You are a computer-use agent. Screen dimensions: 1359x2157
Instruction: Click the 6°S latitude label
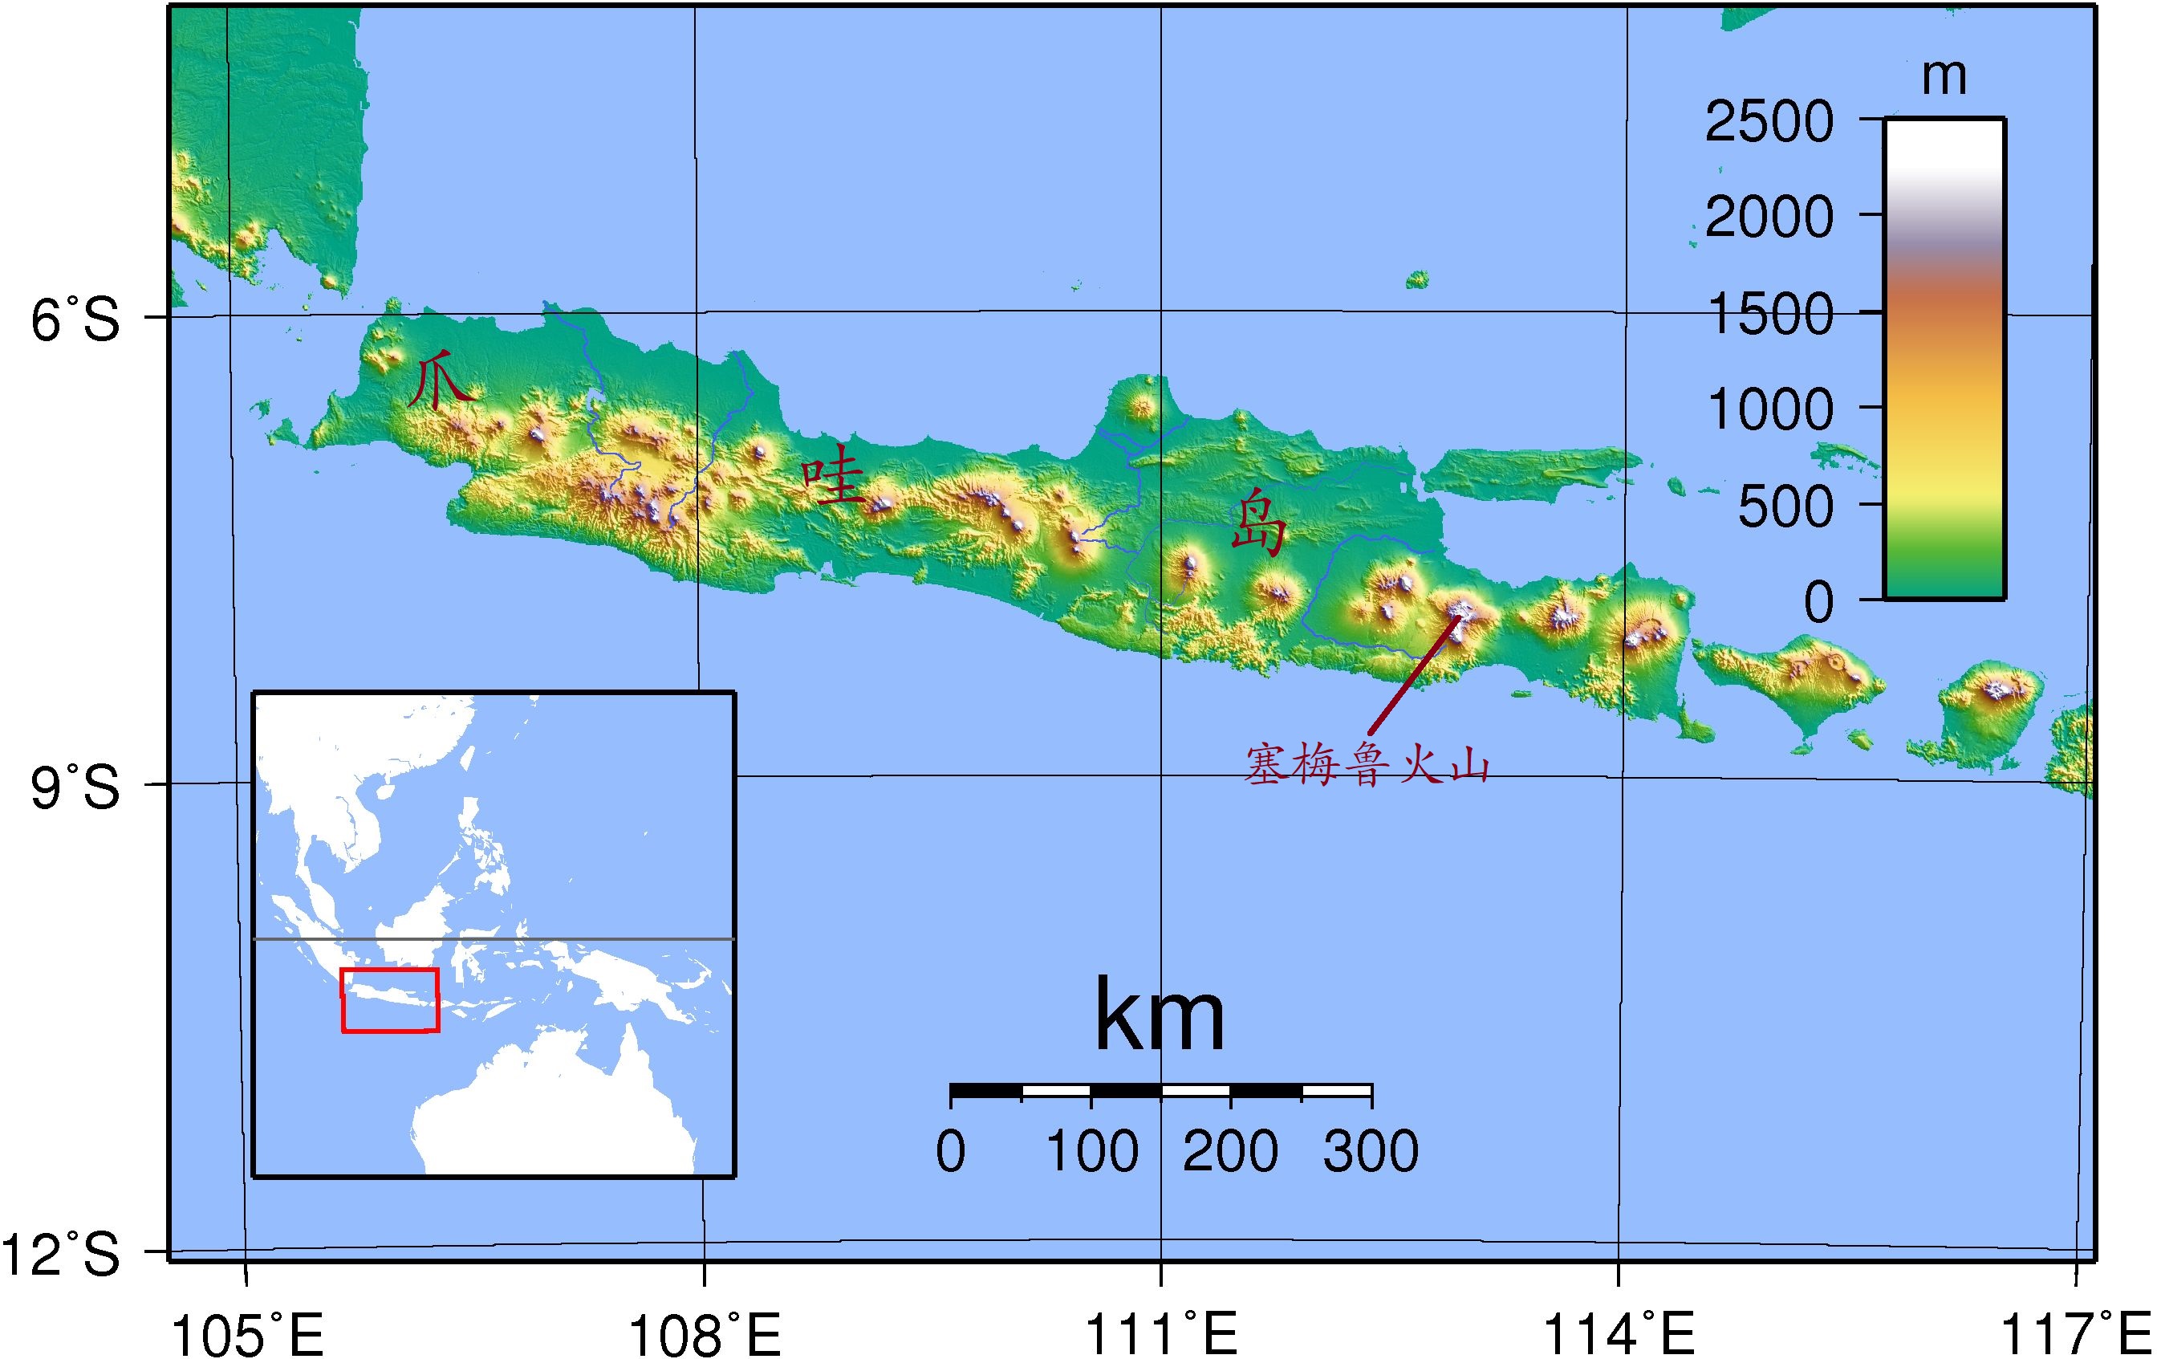[x=75, y=319]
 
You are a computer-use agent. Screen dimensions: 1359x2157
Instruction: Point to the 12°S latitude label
[x=61, y=1254]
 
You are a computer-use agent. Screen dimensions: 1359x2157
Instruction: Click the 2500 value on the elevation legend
[x=1769, y=122]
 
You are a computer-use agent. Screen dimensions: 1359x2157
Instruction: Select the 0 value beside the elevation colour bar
[x=1818, y=602]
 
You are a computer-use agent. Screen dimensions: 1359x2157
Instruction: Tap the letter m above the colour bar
[x=1944, y=77]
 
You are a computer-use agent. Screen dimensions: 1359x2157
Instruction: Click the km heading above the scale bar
[x=1160, y=1017]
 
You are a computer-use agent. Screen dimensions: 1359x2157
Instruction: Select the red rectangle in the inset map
[x=391, y=999]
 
